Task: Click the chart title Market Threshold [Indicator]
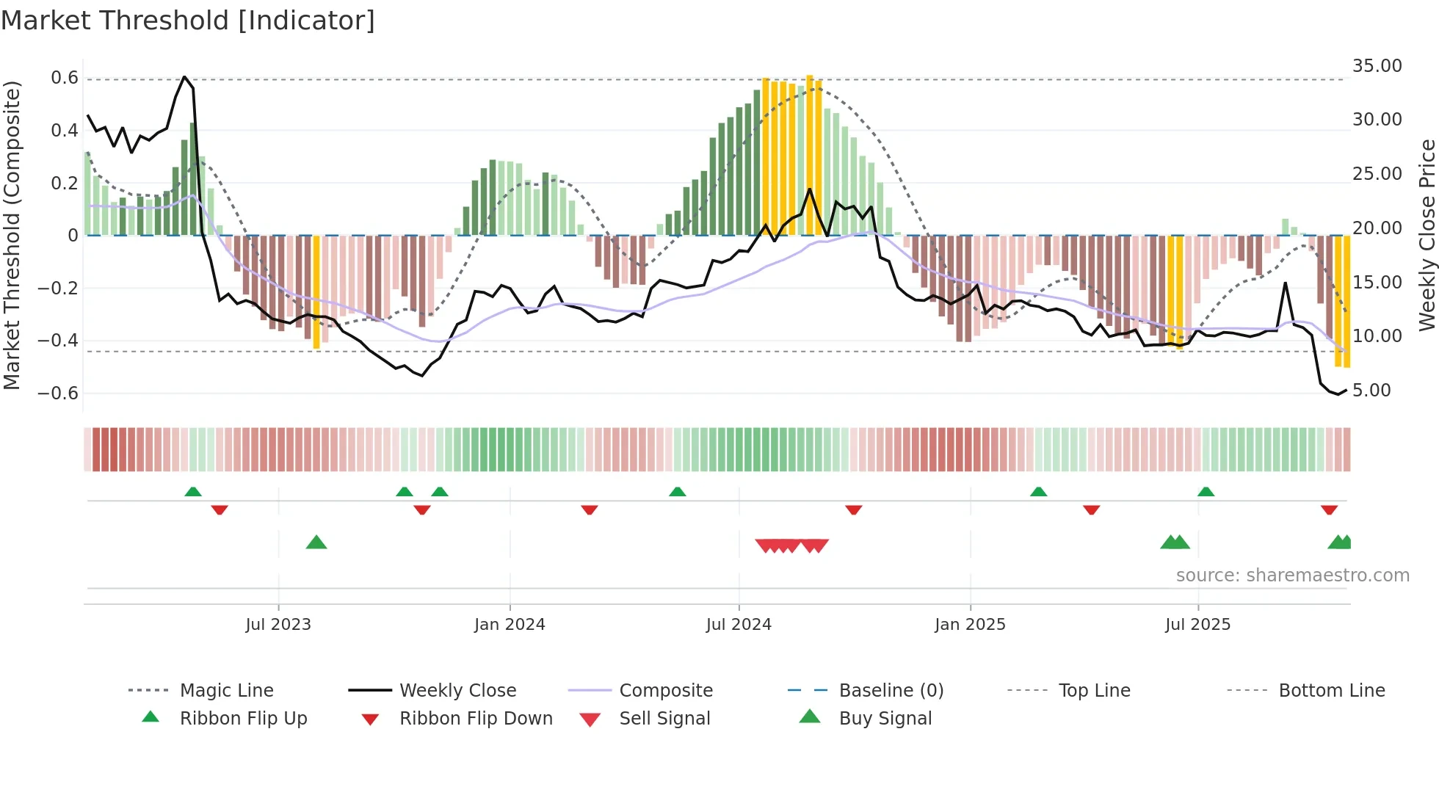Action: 188,21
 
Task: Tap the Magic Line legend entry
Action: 226,690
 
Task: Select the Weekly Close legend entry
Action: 457,690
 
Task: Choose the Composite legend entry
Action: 665,690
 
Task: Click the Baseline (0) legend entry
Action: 891,690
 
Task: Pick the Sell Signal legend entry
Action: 664,718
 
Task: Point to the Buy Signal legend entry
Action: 885,718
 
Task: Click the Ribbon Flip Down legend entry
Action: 475,718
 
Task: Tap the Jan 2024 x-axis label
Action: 510,624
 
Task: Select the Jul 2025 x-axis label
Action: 1197,624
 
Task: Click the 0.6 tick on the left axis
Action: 65,78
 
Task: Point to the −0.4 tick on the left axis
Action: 58,340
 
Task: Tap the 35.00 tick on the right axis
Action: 1377,66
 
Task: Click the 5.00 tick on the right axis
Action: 1371,390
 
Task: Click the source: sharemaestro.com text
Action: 1292,575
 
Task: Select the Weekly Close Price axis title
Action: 1427,235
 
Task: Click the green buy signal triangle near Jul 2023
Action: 316,543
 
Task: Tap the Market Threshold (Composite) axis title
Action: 12,235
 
